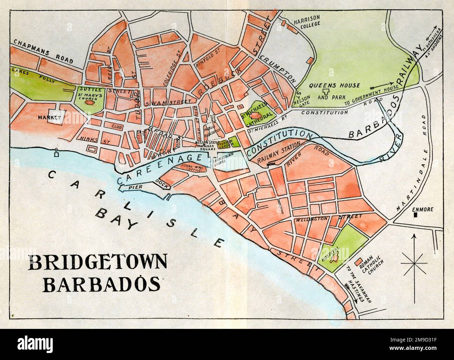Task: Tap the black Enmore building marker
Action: coord(415,216)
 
